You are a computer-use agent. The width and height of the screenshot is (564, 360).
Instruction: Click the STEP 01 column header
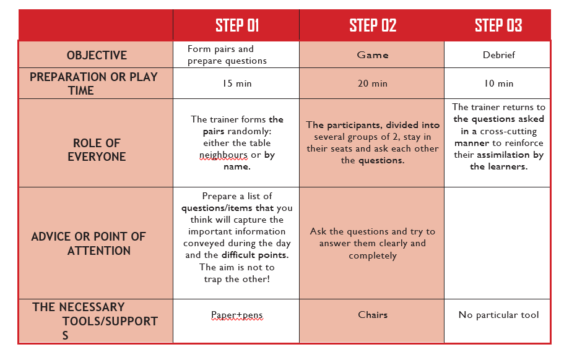pyautogui.click(x=237, y=25)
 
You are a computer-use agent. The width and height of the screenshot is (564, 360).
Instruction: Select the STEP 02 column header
pyautogui.click(x=373, y=25)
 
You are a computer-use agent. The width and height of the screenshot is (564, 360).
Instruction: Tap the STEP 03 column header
pyautogui.click(x=498, y=25)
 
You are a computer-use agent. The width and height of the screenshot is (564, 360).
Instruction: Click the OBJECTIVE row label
pyautogui.click(x=97, y=55)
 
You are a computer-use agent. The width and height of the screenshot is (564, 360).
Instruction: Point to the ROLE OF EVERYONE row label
pyautogui.click(x=97, y=150)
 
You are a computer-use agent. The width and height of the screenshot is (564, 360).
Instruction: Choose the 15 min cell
pyautogui.click(x=236, y=84)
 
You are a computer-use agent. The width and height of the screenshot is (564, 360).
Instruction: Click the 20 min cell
pyautogui.click(x=372, y=84)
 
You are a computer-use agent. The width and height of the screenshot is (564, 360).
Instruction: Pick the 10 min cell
pyautogui.click(x=498, y=84)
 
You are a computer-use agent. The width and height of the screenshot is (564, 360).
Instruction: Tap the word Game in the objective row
pyautogui.click(x=373, y=55)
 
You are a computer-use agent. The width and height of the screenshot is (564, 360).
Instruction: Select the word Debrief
pyautogui.click(x=498, y=55)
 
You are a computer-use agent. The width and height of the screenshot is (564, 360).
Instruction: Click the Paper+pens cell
pyautogui.click(x=236, y=315)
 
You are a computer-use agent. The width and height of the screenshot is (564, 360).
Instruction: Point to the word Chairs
pyautogui.click(x=373, y=315)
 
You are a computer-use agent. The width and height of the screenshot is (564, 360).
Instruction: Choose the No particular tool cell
pyautogui.click(x=498, y=315)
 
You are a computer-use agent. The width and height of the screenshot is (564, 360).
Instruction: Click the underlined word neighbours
pyautogui.click(x=223, y=155)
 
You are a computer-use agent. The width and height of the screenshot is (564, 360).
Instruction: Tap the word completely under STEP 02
pyautogui.click(x=373, y=255)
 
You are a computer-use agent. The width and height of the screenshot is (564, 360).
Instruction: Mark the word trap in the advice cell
pyautogui.click(x=214, y=279)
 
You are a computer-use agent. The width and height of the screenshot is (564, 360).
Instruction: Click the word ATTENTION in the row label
pyautogui.click(x=99, y=251)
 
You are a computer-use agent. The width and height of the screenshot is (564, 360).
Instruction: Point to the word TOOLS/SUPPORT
pyautogui.click(x=110, y=321)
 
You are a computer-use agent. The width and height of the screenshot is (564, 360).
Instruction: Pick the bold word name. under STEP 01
pyautogui.click(x=237, y=167)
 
